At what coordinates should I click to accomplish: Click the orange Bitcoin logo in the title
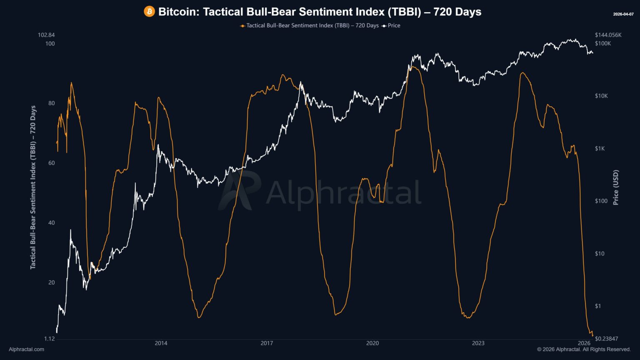pyautogui.click(x=149, y=12)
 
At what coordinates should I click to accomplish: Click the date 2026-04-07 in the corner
pyautogui.click(x=623, y=14)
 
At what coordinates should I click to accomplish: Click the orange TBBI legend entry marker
pyautogui.click(x=242, y=26)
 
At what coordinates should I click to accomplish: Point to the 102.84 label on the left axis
pyautogui.click(x=46, y=35)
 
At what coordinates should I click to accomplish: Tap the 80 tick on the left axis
pyautogui.click(x=51, y=103)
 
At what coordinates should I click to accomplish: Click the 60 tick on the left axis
pyautogui.click(x=51, y=163)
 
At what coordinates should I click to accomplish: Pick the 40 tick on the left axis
pyautogui.click(x=51, y=222)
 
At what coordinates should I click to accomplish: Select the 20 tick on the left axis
pyautogui.click(x=51, y=282)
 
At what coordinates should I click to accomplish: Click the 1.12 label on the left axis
pyautogui.click(x=49, y=339)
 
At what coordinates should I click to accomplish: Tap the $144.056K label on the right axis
pyautogui.click(x=608, y=35)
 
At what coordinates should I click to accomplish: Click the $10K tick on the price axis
pyautogui.click(x=601, y=96)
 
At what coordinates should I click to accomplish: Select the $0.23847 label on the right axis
pyautogui.click(x=606, y=339)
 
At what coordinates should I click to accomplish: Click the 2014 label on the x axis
pyautogui.click(x=161, y=343)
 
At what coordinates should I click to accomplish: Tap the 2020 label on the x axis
pyautogui.click(x=372, y=343)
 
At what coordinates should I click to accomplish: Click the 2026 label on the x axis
pyautogui.click(x=584, y=343)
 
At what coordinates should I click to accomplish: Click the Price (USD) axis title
pyautogui.click(x=616, y=187)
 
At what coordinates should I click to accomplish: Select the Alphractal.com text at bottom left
pyautogui.click(x=26, y=350)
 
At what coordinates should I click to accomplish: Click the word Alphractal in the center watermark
pyautogui.click(x=343, y=193)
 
